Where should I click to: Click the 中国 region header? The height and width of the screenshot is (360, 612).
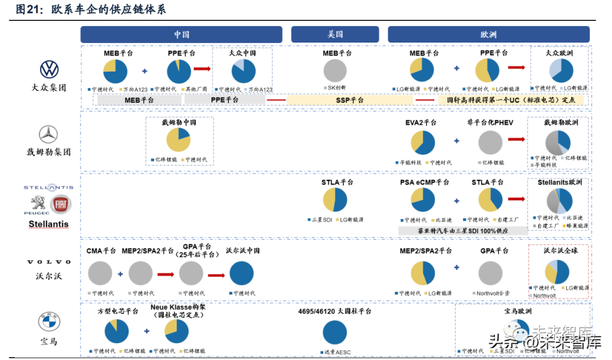point(181,35)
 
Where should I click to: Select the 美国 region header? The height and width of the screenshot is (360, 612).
point(335,35)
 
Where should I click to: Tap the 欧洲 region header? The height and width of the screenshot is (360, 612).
point(488,35)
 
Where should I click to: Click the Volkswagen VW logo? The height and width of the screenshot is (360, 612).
point(49,70)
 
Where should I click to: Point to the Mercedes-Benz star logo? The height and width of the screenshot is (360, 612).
point(48,134)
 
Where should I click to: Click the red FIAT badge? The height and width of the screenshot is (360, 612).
point(59,205)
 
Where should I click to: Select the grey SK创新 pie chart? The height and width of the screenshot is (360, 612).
point(335,71)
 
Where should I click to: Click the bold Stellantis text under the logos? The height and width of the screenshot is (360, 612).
point(49,224)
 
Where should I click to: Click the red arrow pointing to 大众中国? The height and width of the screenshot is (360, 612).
point(202,69)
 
